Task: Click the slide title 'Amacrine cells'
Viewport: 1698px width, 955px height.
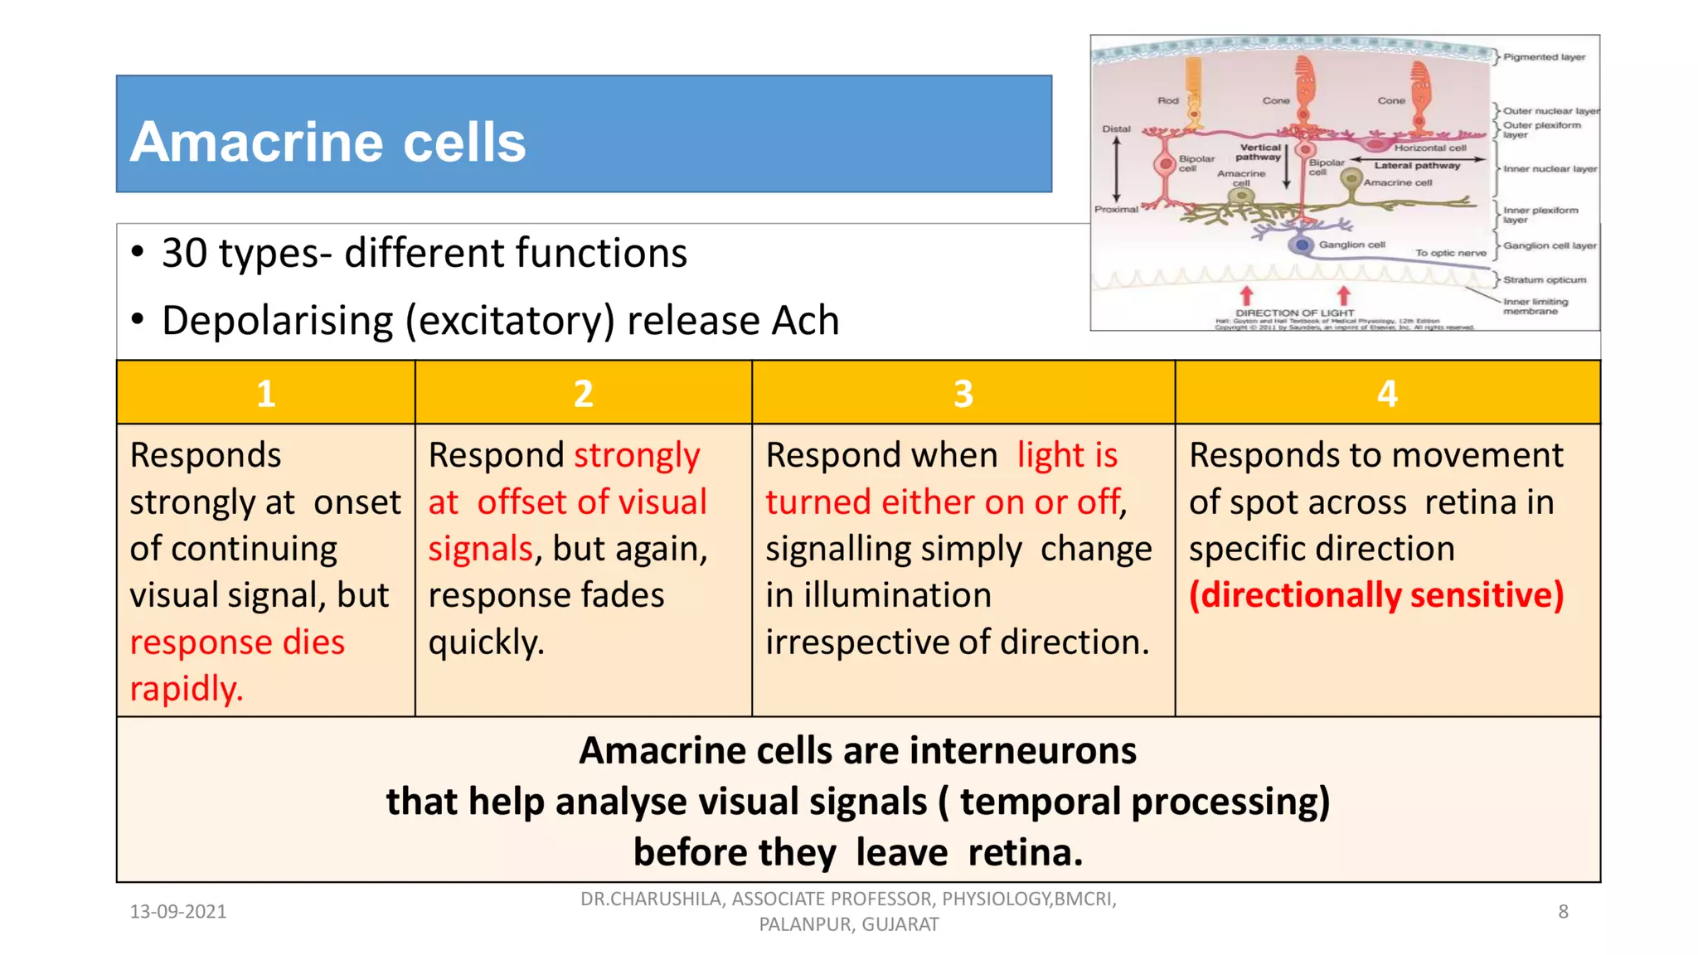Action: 327,142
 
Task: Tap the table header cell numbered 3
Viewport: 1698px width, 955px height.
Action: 963,394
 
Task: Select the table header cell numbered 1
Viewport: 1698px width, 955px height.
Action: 265,394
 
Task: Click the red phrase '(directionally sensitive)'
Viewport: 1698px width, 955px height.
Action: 1376,595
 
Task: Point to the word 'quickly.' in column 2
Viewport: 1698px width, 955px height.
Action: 487,642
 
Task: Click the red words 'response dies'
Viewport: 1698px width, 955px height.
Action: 237,642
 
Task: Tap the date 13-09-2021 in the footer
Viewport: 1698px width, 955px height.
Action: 178,912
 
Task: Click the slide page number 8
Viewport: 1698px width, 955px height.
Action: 1563,912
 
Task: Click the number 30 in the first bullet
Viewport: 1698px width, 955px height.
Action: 184,254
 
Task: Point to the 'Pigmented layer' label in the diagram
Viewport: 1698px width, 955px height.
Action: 1544,57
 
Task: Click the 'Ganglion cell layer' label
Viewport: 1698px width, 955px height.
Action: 1549,245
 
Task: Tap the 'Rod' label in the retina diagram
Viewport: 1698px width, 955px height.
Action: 1167,100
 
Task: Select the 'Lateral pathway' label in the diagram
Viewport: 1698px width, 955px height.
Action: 1417,165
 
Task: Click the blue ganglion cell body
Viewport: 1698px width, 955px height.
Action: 1302,245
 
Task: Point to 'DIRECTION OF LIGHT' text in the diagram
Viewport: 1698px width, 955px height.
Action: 1294,313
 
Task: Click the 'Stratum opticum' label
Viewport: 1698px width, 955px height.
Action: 1544,279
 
